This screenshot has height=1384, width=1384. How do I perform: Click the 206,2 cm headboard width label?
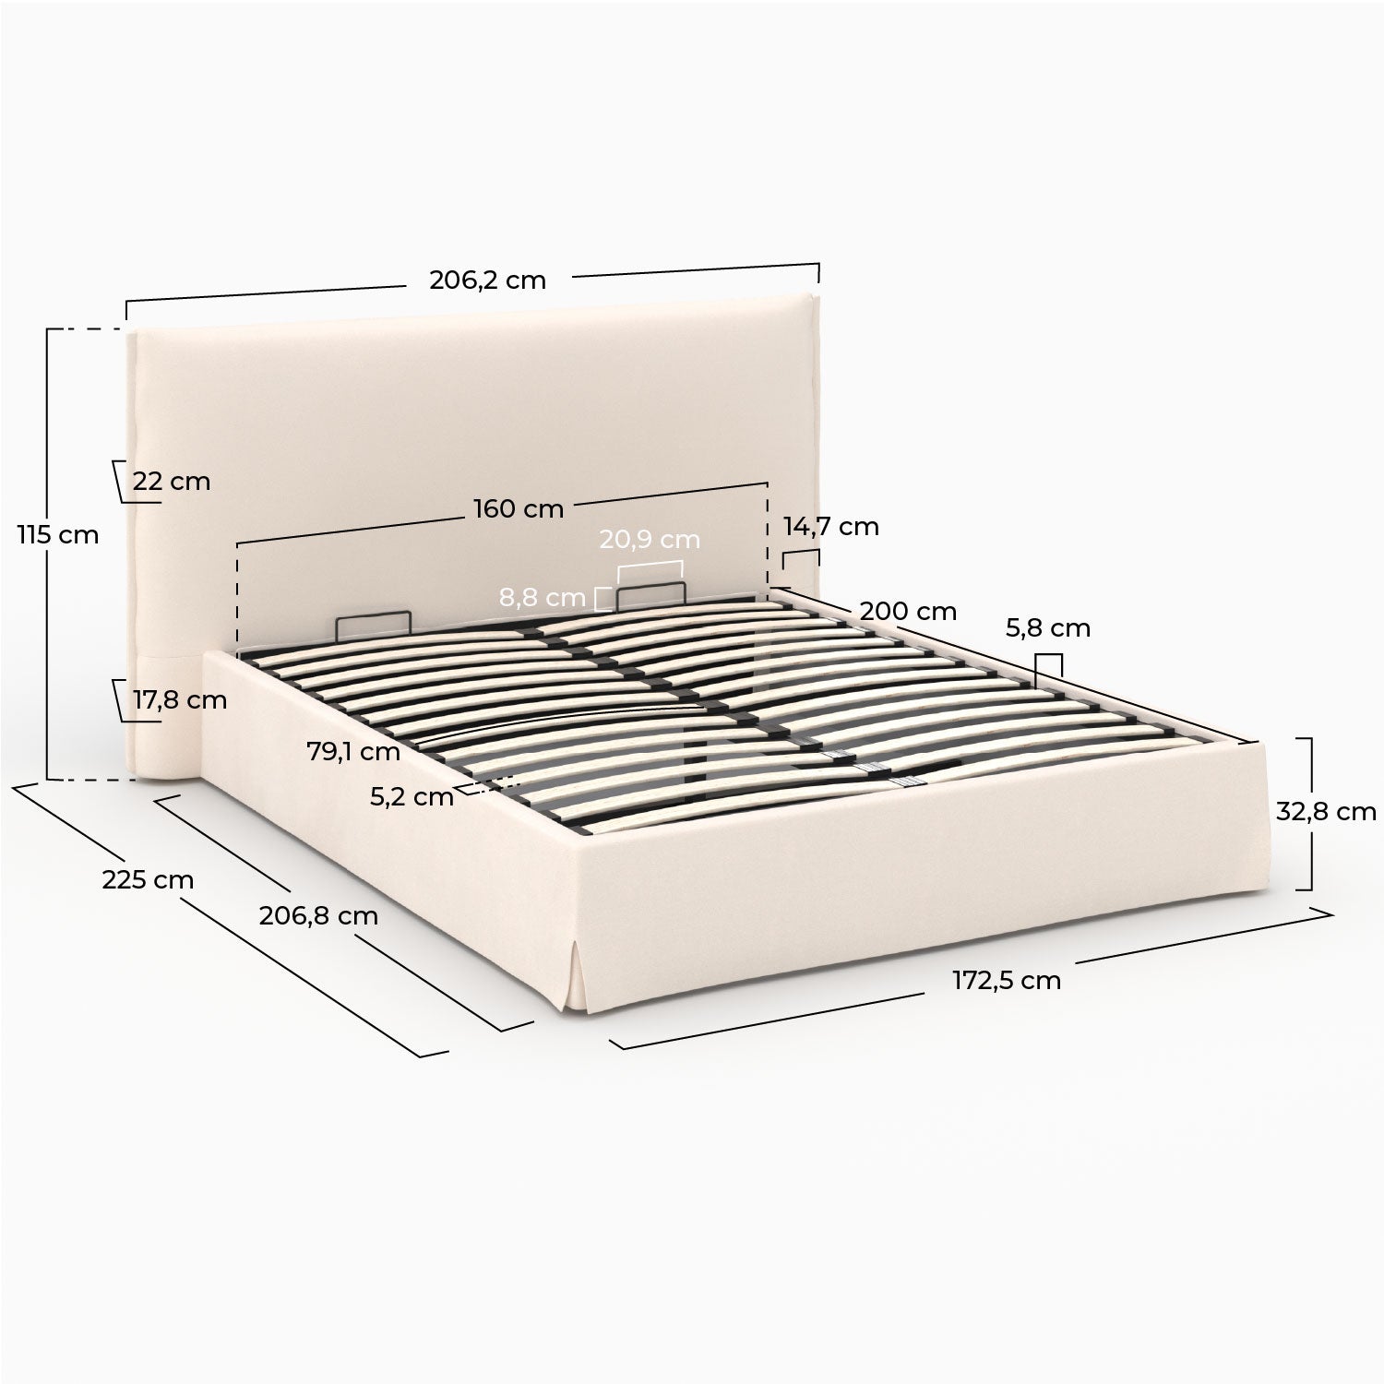click(487, 280)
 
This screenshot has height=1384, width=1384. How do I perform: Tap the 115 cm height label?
click(57, 534)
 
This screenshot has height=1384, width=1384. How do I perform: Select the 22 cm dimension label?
click(171, 482)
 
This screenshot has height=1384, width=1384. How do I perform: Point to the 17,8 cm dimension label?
click(180, 700)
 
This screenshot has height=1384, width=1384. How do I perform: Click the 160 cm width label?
click(518, 508)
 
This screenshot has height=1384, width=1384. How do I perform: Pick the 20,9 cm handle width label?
click(650, 540)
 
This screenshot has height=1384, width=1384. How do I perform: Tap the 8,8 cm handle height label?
click(543, 598)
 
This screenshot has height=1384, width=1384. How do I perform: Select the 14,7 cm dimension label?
click(831, 527)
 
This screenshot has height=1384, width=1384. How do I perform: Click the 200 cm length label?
click(908, 611)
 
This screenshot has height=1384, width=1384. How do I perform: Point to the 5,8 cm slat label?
click(1047, 628)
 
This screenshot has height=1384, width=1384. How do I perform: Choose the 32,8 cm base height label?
click(1326, 812)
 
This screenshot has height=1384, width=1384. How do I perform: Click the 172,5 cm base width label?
click(1007, 980)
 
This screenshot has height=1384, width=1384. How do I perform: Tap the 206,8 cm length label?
click(305, 916)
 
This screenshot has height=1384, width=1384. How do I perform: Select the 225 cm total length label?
click(148, 880)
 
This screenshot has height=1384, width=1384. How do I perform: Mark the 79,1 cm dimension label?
click(353, 752)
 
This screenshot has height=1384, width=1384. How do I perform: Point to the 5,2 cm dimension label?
click(412, 797)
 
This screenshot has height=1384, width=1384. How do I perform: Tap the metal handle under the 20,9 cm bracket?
click(651, 584)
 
